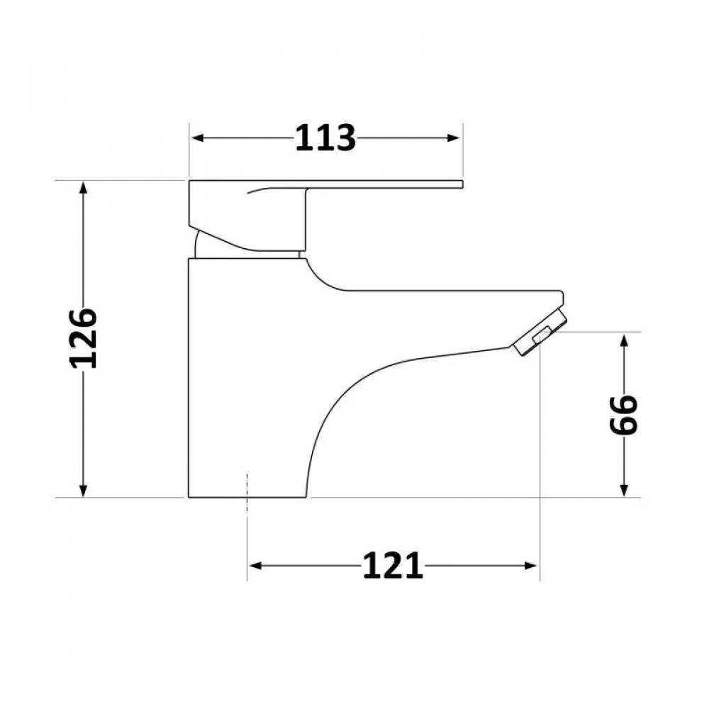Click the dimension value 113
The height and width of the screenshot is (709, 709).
[x=325, y=138]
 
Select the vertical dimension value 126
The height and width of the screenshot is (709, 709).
[x=84, y=337]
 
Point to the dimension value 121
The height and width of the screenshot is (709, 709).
[x=393, y=566]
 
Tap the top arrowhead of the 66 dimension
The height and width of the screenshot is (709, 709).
[x=624, y=339]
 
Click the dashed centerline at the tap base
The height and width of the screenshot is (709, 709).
[x=247, y=489]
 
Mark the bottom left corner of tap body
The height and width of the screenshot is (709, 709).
[x=189, y=496]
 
